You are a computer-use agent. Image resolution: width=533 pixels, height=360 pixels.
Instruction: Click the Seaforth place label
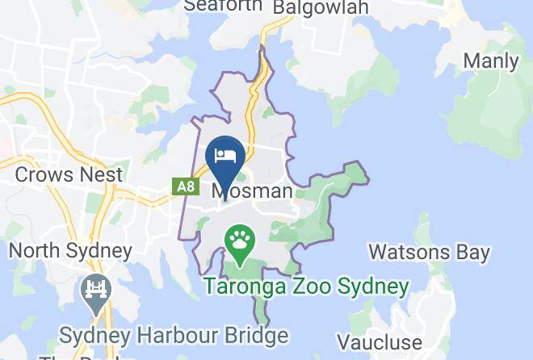coord(224,5)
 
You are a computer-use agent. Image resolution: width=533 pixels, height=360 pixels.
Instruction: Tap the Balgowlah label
coord(321,6)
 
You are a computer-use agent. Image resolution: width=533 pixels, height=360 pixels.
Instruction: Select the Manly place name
coord(490,61)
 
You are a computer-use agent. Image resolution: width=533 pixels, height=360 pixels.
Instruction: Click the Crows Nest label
coord(69,174)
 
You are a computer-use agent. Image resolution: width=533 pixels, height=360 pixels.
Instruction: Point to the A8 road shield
coord(186,187)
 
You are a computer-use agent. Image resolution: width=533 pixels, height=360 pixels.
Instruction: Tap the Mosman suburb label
coord(252,191)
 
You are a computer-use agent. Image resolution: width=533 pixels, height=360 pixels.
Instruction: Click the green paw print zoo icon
coord(240,239)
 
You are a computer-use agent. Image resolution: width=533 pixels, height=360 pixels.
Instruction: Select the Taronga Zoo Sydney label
coord(306,287)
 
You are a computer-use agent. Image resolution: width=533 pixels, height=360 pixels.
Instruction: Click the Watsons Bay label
coord(429,253)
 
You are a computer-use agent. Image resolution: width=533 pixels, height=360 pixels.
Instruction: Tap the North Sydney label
coord(70,250)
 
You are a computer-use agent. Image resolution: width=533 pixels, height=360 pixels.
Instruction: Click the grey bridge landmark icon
coord(95,291)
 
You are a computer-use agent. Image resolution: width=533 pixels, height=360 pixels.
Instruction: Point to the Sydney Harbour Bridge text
coord(175,335)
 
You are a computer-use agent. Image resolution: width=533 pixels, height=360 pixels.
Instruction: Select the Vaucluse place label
coord(380,342)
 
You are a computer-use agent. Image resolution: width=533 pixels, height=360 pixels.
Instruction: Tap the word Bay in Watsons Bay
coord(470,253)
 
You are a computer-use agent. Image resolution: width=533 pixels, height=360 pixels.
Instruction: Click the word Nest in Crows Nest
coord(101,174)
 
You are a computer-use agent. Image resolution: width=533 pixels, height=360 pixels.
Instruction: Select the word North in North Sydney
coord(34,250)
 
